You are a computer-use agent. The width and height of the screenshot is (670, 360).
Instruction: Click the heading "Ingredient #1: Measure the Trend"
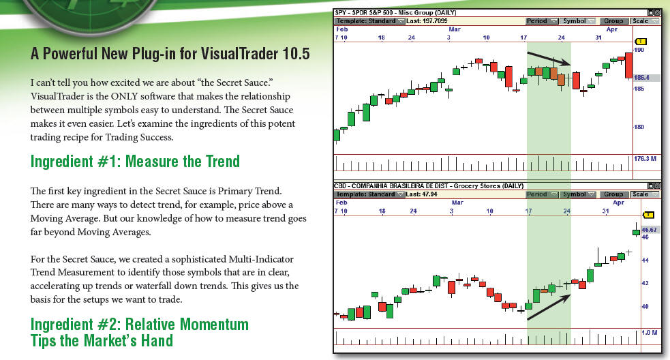(135, 162)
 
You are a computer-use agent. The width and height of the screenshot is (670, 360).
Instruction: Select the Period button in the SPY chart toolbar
(542, 21)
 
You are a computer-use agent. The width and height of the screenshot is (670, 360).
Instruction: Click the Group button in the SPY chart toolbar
(613, 21)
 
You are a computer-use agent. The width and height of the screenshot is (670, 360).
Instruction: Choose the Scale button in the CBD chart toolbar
(645, 194)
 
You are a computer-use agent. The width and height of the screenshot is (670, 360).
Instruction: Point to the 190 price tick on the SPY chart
(639, 50)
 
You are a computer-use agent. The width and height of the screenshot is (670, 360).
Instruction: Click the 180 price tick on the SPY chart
(639, 127)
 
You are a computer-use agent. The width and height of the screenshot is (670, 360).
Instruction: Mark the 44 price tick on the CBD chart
(645, 260)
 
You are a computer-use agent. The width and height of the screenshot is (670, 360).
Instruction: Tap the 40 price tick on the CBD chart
(645, 306)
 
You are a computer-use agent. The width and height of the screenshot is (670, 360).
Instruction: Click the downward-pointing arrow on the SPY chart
(549, 59)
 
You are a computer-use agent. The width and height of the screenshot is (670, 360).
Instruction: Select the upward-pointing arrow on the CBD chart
(549, 307)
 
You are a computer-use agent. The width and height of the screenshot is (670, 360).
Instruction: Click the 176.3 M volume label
(645, 159)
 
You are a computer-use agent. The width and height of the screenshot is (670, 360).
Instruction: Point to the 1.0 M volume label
(650, 332)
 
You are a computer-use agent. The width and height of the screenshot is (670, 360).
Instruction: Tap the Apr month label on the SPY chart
(612, 29)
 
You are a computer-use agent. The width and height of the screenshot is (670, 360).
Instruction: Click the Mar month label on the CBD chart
(457, 202)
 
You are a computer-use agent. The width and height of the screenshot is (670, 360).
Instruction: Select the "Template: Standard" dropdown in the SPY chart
(369, 21)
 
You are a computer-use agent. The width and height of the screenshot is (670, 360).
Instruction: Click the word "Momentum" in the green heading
(214, 325)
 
